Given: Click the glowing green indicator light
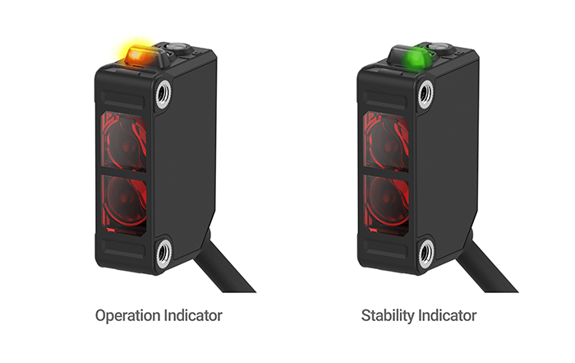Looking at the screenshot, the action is point(416,58).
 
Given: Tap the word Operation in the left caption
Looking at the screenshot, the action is point(127,316).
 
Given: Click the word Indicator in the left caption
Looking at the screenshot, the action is point(193,315).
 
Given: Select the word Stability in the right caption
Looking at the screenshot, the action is point(388,316).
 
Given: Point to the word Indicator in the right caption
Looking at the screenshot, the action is point(448,315).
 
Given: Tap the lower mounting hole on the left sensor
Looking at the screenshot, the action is point(163,254).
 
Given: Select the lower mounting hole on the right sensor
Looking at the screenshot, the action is point(425,254).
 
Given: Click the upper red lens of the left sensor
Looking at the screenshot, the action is point(124,142).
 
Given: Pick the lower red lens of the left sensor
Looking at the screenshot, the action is point(125,201).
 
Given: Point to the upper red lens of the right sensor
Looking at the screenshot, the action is point(386,142).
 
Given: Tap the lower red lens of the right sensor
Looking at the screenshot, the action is point(387,201).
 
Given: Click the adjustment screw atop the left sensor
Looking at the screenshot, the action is point(177,48).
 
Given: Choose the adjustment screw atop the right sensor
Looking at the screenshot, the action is point(439,48).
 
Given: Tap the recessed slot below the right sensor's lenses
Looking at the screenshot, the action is point(384,249).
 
